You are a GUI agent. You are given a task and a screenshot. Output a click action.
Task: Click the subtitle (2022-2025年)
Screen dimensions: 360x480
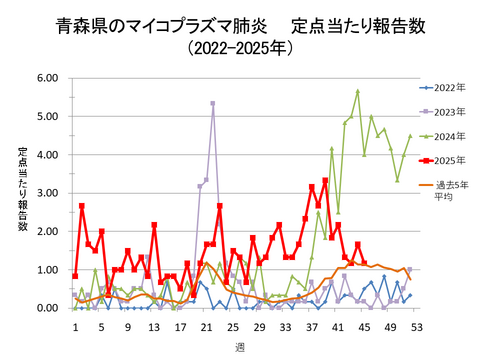[x=239, y=47]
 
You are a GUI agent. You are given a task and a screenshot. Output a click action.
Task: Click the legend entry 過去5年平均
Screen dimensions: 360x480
[x=450, y=190]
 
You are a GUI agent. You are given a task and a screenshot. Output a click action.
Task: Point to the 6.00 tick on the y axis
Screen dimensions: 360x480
[x=47, y=78]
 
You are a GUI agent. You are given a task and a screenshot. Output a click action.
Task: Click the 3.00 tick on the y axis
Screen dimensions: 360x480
[x=47, y=193]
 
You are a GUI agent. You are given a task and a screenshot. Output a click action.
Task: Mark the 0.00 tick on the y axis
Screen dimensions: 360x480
[x=47, y=308]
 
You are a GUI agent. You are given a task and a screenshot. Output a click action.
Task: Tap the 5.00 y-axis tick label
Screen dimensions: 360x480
[x=47, y=116]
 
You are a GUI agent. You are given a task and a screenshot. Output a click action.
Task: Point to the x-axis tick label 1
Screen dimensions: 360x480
[x=75, y=326]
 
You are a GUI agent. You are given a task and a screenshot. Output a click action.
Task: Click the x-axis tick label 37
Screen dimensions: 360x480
[x=312, y=326]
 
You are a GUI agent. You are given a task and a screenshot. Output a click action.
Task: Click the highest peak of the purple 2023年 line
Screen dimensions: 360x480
[x=213, y=103]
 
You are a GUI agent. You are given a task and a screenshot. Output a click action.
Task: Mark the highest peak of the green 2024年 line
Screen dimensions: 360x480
[x=357, y=91]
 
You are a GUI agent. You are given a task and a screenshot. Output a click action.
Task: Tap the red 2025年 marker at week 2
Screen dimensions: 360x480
[x=82, y=206]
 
